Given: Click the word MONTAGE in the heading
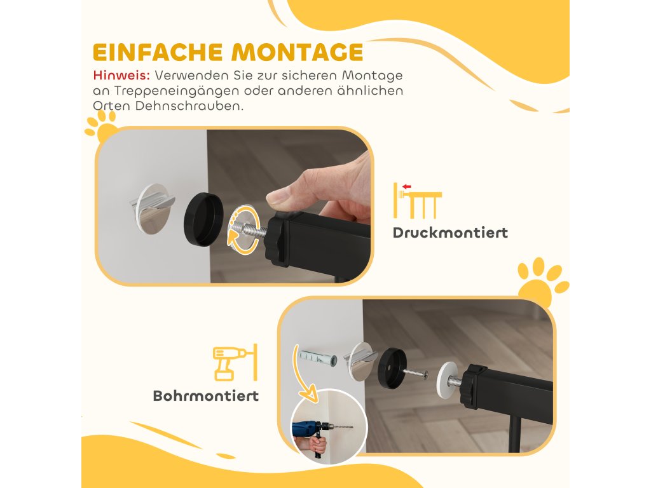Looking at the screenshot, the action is tap(298, 52).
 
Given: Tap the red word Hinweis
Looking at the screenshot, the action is tap(121, 76).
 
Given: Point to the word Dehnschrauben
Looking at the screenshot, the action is tap(189, 106).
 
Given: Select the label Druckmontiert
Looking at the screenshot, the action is tap(451, 233).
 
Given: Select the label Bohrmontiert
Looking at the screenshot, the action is tap(206, 396).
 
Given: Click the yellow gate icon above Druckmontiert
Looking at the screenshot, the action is tap(417, 201).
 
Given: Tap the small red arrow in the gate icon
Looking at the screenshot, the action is tap(406, 187).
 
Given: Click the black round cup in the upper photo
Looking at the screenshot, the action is tap(203, 219).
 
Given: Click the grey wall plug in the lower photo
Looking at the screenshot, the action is tap(318, 358).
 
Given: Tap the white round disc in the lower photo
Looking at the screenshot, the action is tap(448, 380).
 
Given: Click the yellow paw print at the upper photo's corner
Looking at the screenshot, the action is tap(102, 126).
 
